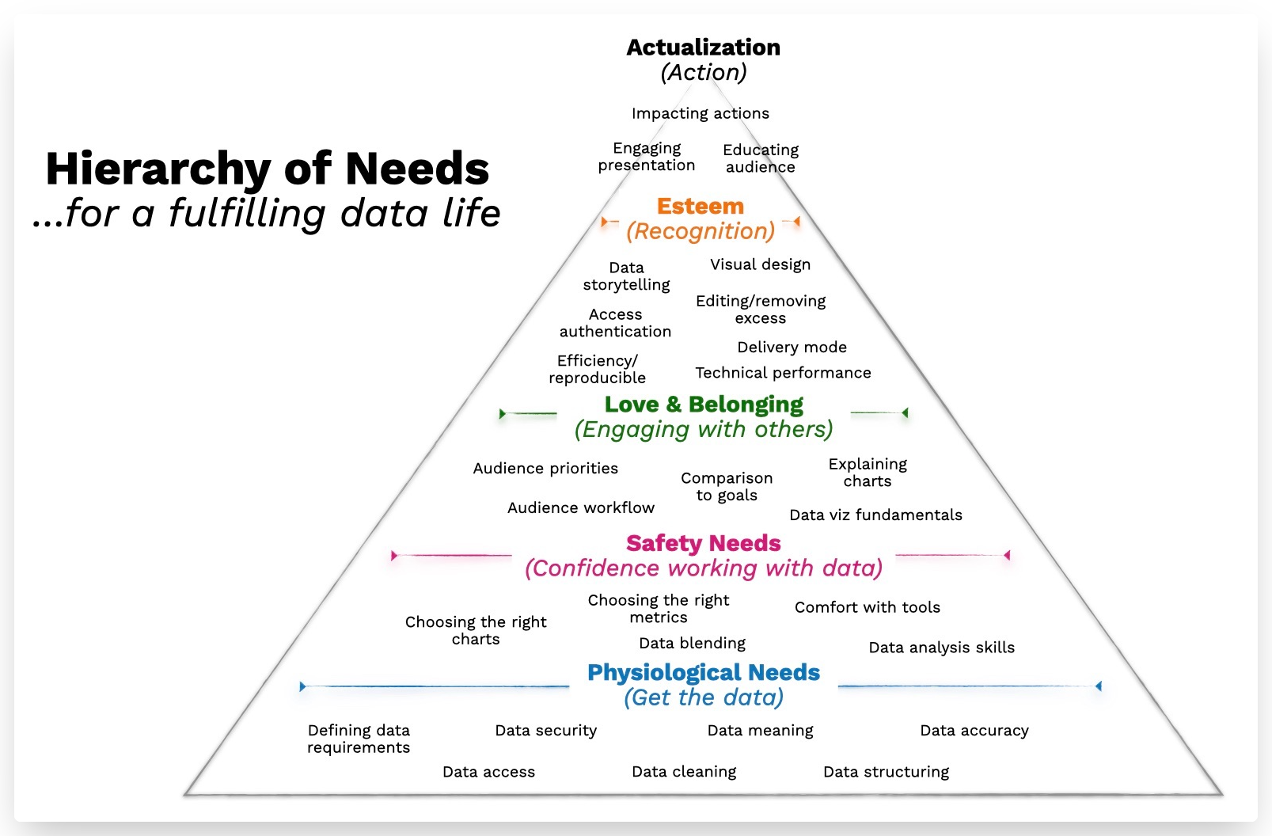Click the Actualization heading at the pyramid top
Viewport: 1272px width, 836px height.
pos(703,47)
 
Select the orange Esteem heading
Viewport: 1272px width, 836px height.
pos(700,207)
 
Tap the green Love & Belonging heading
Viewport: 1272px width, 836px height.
pos(704,405)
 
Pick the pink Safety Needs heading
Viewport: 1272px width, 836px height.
pos(703,543)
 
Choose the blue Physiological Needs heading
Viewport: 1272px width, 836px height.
pos(703,672)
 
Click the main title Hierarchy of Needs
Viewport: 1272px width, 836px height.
pos(268,169)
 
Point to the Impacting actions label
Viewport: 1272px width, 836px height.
pos(700,113)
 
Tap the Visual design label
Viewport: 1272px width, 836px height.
pos(760,264)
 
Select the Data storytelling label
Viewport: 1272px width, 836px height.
pos(626,276)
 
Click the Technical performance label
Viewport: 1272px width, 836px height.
pos(783,373)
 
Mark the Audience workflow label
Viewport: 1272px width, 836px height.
pos(581,507)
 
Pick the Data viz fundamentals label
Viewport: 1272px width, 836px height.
pos(875,515)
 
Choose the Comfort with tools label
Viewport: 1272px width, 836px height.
pos(867,607)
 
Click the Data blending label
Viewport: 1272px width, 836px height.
pos(692,643)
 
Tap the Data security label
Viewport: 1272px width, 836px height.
pos(545,731)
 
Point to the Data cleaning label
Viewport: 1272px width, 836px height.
pos(684,772)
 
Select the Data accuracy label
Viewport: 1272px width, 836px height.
pos(974,731)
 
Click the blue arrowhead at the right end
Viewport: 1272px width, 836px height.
pos(1098,686)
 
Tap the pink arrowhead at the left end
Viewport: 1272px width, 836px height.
pos(394,556)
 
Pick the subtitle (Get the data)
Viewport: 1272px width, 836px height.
pos(703,697)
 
